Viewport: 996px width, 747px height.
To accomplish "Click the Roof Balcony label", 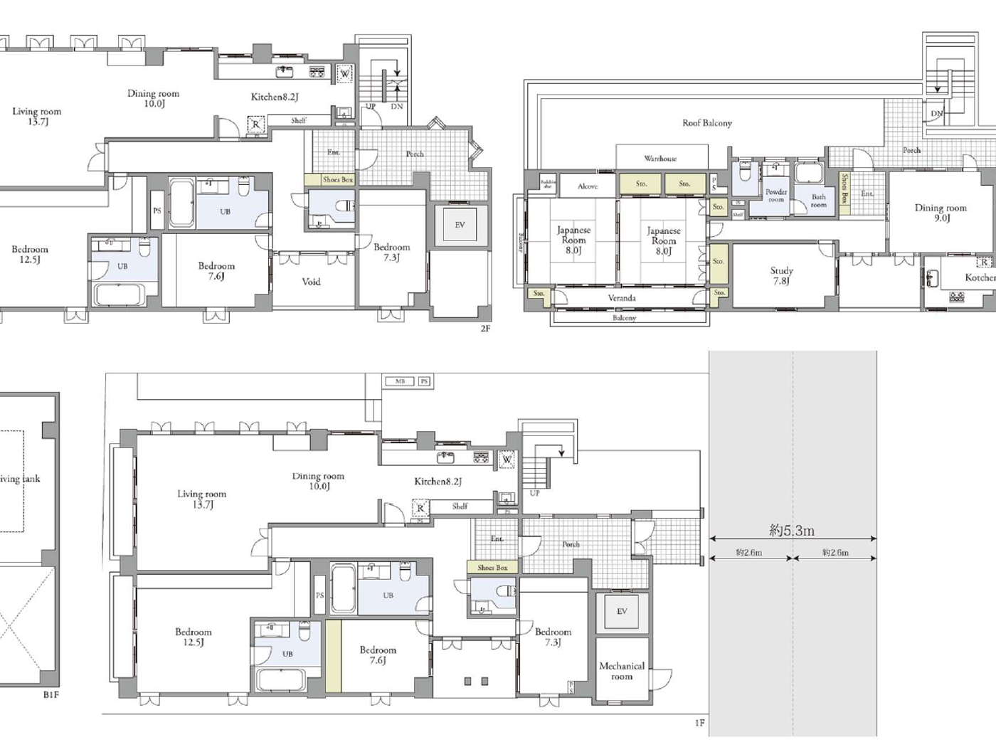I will point(706,123).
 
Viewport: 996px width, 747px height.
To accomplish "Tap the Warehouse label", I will point(660,159).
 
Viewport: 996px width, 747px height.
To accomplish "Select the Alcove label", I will point(588,186).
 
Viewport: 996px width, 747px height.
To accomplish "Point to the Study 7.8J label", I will point(781,275).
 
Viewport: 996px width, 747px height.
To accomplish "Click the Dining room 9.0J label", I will point(941,213).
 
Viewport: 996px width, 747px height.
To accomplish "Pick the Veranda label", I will point(622,298).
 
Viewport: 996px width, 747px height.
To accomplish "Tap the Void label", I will point(311,282).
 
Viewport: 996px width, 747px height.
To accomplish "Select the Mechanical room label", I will point(622,671).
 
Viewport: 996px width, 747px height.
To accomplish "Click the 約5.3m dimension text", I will point(792,530).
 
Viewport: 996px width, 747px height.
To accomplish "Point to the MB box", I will point(400,381).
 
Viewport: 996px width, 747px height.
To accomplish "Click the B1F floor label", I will point(51,694).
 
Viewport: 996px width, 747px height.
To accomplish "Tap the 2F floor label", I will point(485,329).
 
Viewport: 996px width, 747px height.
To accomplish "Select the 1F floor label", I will point(699,723).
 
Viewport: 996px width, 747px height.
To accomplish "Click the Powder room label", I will point(776,196).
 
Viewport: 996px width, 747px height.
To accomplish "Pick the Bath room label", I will point(819,201).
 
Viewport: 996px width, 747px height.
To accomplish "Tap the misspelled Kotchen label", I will point(980,277).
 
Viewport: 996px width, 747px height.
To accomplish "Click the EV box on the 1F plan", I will point(622,611).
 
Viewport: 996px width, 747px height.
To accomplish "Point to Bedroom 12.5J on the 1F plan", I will point(193,637).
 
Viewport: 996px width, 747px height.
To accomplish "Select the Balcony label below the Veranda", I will point(624,318).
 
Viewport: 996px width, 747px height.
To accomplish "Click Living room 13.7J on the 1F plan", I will point(201,499).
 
